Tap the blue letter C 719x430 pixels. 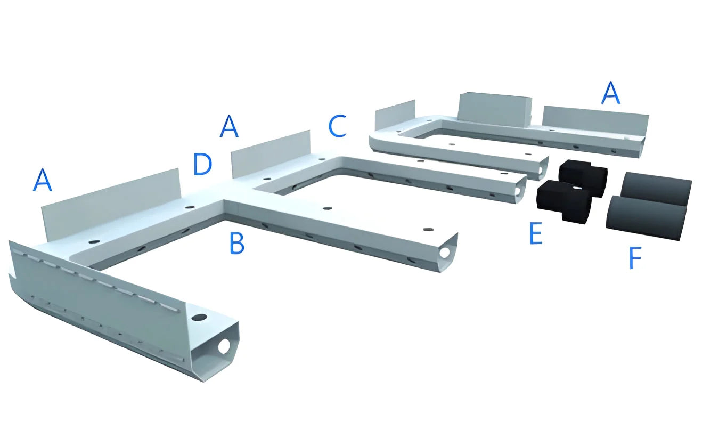click(x=337, y=126)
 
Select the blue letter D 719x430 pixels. click(x=202, y=164)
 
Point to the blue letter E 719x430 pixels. click(x=535, y=233)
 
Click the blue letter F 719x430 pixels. click(x=634, y=257)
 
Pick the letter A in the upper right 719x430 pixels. click(x=610, y=93)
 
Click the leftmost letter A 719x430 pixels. click(x=43, y=180)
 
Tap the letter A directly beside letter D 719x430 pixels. click(x=229, y=126)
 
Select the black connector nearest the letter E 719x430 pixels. click(x=563, y=200)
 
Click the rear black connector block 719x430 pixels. click(x=583, y=176)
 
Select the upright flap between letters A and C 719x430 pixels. click(x=271, y=153)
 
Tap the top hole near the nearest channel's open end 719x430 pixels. click(x=200, y=317)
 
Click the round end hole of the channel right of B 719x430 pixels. click(x=445, y=253)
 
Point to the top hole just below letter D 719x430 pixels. click(x=190, y=207)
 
